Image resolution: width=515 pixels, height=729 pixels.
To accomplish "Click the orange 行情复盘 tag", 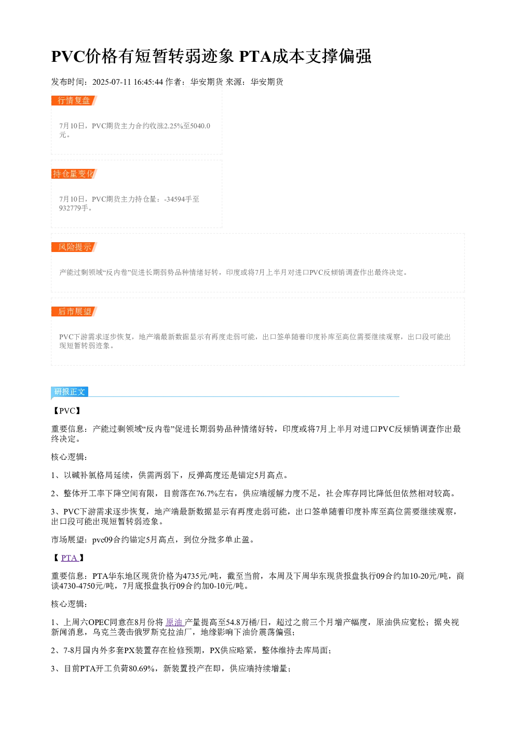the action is [x=74, y=101].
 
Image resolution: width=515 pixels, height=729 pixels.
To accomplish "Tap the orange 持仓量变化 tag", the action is [x=74, y=174].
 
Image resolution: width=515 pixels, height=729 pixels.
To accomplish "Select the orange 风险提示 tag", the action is [x=74, y=247].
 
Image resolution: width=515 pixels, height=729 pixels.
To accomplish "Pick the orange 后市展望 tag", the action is [x=74, y=311].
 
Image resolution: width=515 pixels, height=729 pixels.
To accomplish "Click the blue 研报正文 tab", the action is [x=70, y=391].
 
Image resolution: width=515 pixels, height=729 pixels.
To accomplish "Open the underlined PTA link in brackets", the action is [x=69, y=558].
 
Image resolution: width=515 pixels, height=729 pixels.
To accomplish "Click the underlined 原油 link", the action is [x=174, y=622].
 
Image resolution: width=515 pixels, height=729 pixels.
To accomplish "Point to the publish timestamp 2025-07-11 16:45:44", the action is [x=127, y=82].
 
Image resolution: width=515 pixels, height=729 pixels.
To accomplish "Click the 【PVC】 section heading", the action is [x=67, y=410].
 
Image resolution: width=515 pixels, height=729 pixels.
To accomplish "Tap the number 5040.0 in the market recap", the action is [x=200, y=126].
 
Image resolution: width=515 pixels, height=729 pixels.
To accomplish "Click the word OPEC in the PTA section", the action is [x=99, y=622].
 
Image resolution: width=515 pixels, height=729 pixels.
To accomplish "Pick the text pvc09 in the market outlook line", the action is [x=102, y=540].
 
